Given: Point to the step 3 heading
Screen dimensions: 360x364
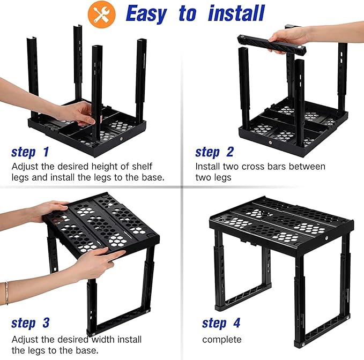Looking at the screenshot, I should [x=31, y=323].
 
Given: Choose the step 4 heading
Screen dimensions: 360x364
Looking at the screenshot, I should [x=221, y=323].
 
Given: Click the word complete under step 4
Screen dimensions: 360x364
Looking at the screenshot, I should [x=221, y=339].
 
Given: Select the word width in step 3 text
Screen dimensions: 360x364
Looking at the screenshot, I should [x=101, y=339].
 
